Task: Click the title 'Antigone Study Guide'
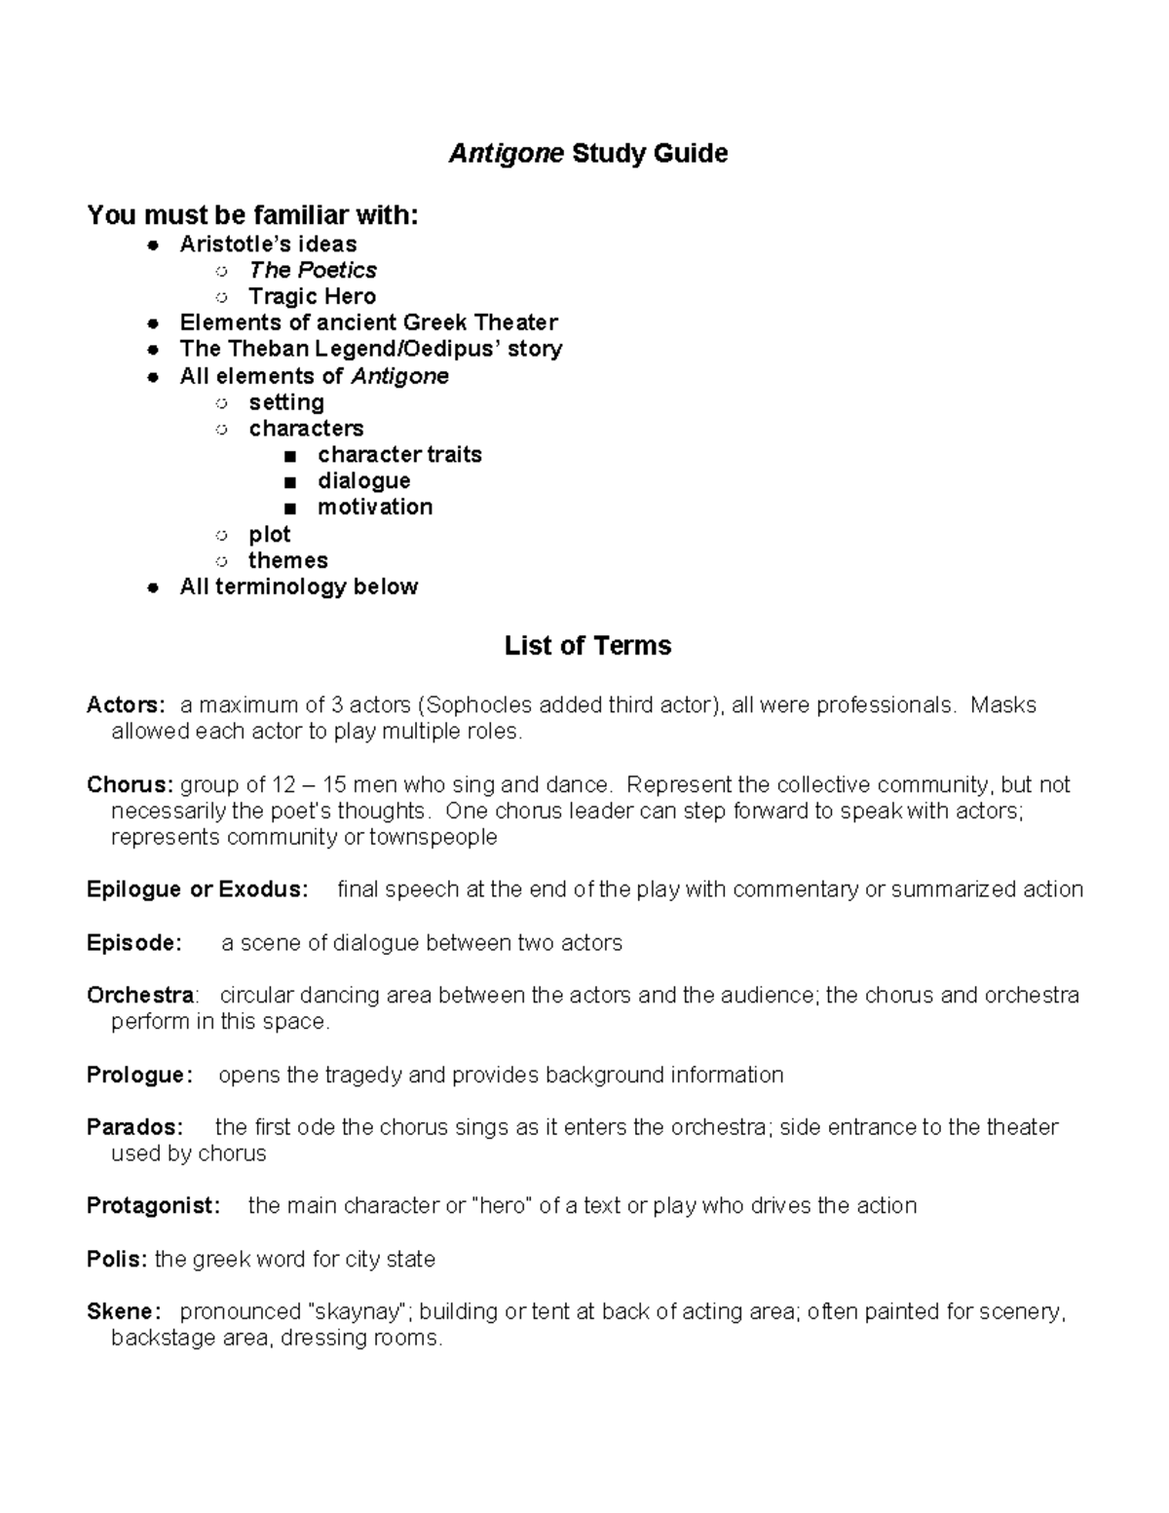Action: point(587,154)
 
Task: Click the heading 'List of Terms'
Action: point(587,646)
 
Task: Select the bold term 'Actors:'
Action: point(126,705)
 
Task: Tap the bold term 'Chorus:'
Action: point(130,785)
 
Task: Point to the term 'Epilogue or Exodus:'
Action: point(197,889)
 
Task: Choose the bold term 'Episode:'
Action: point(133,943)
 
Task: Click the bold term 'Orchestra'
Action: point(140,996)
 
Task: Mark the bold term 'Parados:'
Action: point(134,1128)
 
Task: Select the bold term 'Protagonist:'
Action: point(154,1206)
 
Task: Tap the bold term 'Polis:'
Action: point(117,1260)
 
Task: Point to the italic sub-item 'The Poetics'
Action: point(313,270)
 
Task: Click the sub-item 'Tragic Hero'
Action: point(312,296)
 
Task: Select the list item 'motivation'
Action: point(375,508)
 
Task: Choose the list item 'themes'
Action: point(288,560)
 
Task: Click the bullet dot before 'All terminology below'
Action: point(152,587)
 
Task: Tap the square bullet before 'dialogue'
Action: point(289,482)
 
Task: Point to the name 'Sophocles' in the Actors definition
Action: point(477,705)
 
